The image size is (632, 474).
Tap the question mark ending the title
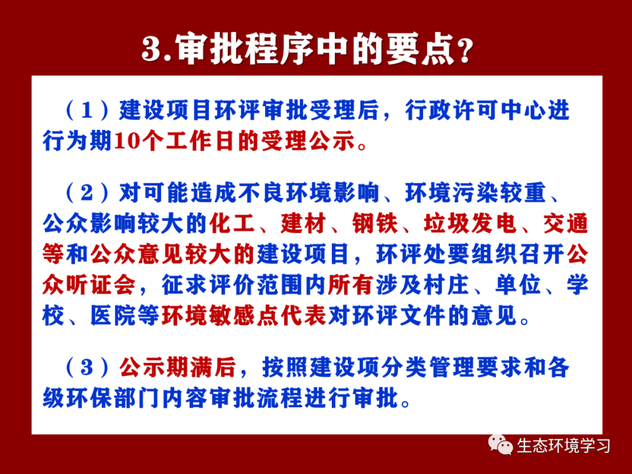click(465, 51)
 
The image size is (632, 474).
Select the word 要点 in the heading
click(420, 49)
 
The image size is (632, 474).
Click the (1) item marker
click(87, 110)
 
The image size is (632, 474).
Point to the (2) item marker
click(87, 193)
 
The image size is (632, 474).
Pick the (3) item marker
click(87, 367)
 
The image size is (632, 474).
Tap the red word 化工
click(232, 224)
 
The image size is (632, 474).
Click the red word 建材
click(304, 224)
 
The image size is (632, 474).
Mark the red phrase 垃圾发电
click(470, 224)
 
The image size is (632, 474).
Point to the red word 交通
click(565, 224)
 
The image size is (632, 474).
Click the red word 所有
click(351, 285)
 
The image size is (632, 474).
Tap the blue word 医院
click(114, 315)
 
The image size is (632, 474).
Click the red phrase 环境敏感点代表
click(244, 315)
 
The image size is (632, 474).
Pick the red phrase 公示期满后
click(177, 367)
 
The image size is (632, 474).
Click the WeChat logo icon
click(500, 445)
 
